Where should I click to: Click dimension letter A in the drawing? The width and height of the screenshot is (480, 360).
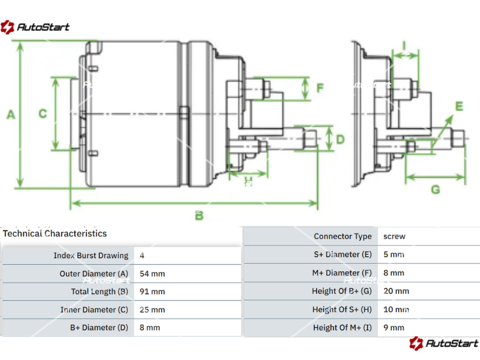pos(10,115)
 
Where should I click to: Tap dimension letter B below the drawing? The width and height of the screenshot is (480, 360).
pos(199,215)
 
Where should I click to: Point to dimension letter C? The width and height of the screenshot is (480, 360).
pos(43,113)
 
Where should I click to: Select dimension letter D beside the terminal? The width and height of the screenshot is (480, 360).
pos(340,139)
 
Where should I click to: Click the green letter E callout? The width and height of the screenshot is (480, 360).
pos(459,106)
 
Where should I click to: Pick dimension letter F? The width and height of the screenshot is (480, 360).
pos(320,88)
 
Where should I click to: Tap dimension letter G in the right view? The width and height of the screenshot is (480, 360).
pos(436,190)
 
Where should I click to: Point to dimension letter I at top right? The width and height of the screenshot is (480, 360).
pos(404,45)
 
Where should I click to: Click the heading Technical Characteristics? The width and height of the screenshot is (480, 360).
pos(55,233)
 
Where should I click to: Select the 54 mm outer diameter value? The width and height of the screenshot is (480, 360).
pos(152,274)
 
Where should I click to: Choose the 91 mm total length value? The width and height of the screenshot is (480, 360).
pos(152,292)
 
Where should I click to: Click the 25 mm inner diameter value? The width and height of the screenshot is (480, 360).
pos(152,310)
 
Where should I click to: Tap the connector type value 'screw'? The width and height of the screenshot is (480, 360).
pos(394,236)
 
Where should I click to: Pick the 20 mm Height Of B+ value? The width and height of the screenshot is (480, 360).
pos(396,291)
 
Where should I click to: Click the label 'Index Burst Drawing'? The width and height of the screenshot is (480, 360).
pos(91,256)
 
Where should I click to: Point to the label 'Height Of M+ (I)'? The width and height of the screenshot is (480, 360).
pos(342,328)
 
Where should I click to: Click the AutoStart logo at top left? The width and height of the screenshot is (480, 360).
pos(35,26)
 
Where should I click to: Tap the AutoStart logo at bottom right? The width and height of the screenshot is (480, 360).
pos(443,343)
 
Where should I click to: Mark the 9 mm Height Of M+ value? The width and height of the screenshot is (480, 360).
pos(394,328)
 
